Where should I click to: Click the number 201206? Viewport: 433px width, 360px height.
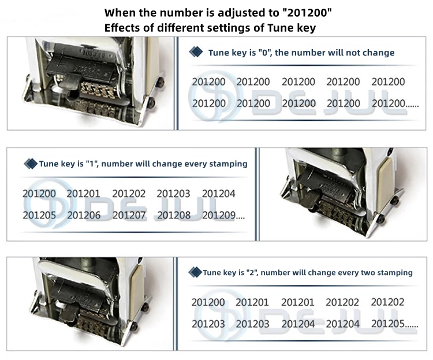coord(84,216)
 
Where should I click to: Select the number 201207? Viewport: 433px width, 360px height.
coord(129,216)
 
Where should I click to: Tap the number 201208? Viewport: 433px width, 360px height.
coord(173,216)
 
